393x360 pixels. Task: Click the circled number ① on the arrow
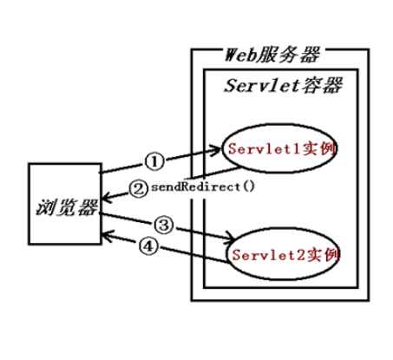(x=154, y=160)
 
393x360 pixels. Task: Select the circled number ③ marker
(x=160, y=225)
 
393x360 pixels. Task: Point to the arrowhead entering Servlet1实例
(x=224, y=150)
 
